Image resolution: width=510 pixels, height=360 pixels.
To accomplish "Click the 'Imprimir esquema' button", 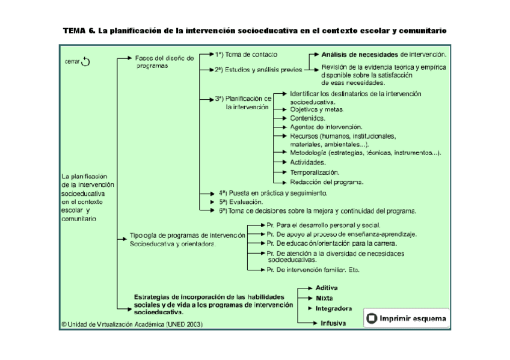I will click(407, 318).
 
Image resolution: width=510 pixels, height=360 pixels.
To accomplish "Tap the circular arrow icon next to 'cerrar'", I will click(85, 61).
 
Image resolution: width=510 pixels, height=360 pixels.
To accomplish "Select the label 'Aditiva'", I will click(327, 288).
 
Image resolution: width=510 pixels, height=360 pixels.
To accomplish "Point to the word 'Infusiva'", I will click(333, 323).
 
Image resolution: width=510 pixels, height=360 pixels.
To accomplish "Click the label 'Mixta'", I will click(324, 298).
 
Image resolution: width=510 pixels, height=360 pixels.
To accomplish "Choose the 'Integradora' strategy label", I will click(333, 309).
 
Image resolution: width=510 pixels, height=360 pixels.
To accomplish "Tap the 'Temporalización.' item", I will click(315, 172).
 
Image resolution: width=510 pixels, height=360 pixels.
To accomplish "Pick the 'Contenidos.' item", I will click(307, 118).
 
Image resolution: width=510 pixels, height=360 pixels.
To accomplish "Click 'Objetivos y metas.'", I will click(316, 110).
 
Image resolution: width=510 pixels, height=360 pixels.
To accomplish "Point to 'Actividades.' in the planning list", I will click(308, 162).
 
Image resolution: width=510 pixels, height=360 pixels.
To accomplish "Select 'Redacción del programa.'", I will click(327, 182).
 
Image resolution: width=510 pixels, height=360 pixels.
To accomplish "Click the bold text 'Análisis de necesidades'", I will click(360, 54).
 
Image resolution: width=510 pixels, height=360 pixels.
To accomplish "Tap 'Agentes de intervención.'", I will click(326, 127).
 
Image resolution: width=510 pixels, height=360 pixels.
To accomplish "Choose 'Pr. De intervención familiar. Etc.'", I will click(313, 270).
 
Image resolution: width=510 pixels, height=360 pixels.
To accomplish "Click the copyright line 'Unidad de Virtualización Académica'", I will click(132, 324).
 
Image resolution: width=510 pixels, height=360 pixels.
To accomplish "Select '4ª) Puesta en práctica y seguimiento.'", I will click(273, 194).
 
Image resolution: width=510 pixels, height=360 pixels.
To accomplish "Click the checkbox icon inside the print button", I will click(372, 319).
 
